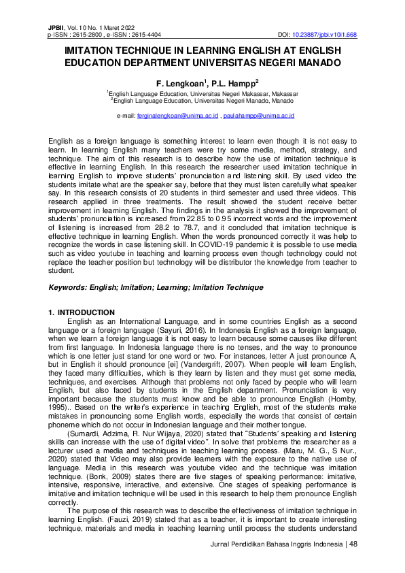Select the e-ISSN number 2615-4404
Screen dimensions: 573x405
(x=143, y=33)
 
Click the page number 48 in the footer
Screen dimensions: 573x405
(x=353, y=545)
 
